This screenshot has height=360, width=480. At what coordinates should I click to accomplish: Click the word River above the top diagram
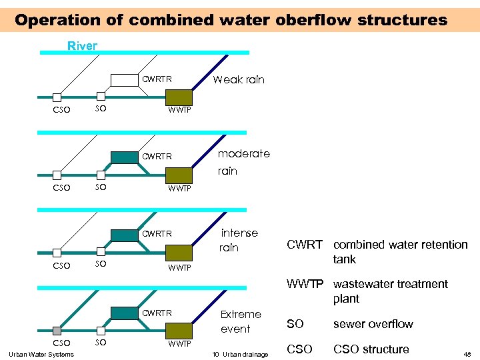tap(83, 46)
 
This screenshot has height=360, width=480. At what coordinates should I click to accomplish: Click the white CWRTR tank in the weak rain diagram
tap(123, 80)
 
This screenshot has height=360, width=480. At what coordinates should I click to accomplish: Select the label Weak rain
tap(238, 79)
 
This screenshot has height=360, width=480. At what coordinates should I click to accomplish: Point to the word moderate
tap(244, 153)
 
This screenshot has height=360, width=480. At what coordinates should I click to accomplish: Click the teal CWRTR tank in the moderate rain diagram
tap(123, 157)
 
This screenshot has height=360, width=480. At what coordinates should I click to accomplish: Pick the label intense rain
tap(239, 240)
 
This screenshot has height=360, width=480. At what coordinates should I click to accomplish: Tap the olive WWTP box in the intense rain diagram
tap(179, 253)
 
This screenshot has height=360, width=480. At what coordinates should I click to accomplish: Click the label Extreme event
tap(241, 321)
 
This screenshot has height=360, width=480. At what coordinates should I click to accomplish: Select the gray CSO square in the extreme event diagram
tap(57, 331)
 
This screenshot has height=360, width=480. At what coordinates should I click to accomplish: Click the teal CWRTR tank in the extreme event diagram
tap(123, 313)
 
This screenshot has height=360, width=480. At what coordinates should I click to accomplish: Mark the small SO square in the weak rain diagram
tap(100, 97)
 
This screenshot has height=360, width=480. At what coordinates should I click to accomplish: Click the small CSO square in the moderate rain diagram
tap(57, 175)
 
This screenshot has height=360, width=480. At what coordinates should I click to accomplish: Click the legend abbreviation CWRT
tap(305, 245)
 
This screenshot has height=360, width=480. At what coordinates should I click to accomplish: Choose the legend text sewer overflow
tap(373, 324)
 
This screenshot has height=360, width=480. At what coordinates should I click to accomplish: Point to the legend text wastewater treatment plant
tap(391, 291)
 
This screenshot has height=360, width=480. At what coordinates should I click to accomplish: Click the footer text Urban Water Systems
tap(41, 354)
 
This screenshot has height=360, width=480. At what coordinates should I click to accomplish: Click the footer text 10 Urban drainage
tap(237, 354)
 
